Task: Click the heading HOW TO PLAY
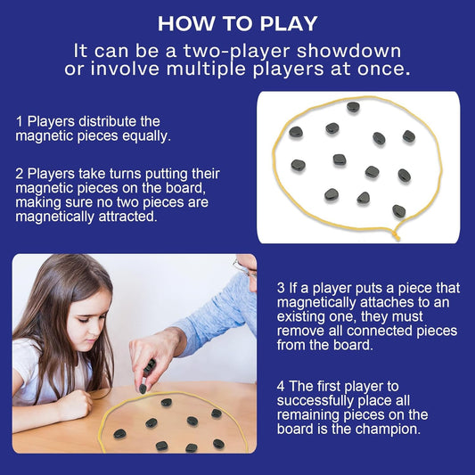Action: point(237,24)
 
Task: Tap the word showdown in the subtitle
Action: point(348,51)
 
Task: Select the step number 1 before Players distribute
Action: point(19,121)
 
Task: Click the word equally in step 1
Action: point(147,136)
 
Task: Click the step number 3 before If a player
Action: point(281,288)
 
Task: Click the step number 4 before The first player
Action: point(281,386)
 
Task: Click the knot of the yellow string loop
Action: point(395,234)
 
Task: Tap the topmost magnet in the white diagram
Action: point(353,107)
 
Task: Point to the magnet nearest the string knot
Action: point(399,211)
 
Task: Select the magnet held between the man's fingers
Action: point(150,366)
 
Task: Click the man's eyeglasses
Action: point(245,269)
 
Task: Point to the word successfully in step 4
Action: point(313,400)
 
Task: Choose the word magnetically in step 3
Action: point(316,302)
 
